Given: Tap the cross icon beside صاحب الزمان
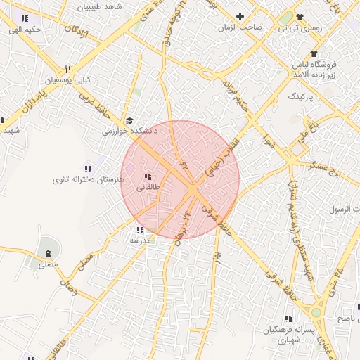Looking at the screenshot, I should click(240, 16).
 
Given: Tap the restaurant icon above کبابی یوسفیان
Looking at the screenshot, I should click(68, 70).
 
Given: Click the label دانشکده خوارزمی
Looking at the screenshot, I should click(130, 131).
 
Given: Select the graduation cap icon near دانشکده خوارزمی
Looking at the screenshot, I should click(129, 120).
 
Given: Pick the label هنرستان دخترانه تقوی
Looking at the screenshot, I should click(88, 180).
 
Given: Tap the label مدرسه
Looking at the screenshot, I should click(140, 240).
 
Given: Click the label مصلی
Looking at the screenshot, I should click(47, 264).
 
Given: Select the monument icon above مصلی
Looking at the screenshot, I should click(47, 253).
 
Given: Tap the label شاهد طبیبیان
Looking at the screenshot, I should click(102, 6).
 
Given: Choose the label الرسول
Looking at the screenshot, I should click(345, 210).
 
